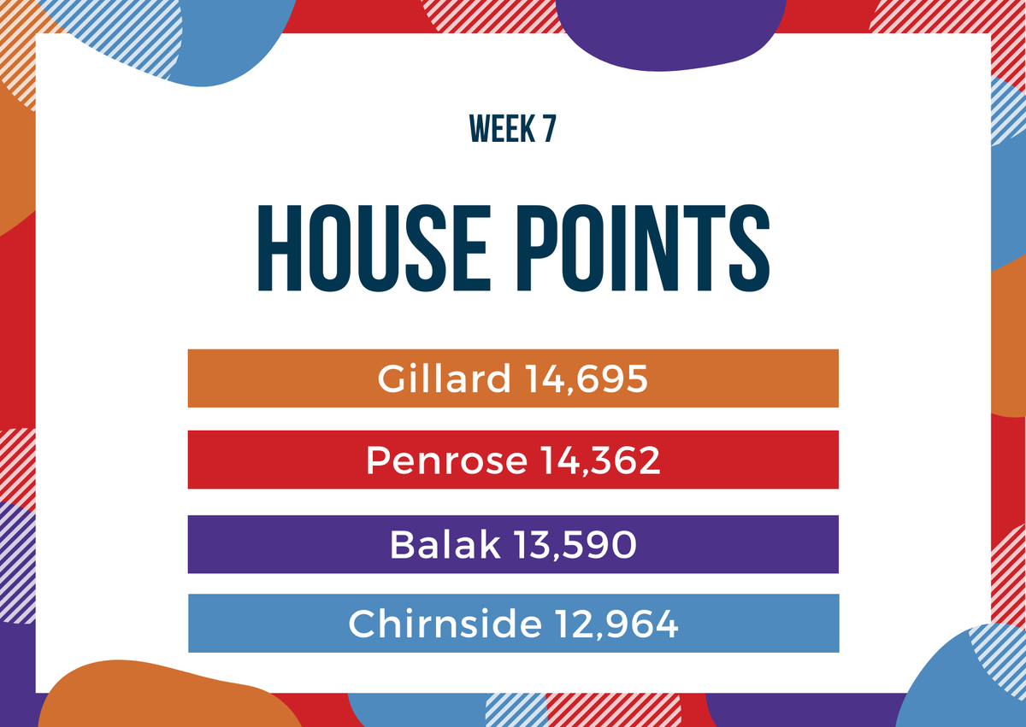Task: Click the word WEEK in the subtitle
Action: click(502, 128)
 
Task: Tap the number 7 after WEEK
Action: click(550, 128)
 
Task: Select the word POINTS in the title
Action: click(644, 248)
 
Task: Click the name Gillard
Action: click(444, 378)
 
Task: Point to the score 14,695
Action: click(587, 378)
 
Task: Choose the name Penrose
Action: click(446, 460)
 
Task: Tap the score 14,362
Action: click(601, 460)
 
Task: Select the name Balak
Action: click(445, 544)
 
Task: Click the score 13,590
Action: click(575, 545)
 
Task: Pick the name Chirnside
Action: click(445, 623)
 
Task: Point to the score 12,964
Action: click(616, 624)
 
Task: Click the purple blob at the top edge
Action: click(669, 32)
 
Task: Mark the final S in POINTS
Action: click(749, 248)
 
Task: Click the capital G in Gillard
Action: click(392, 378)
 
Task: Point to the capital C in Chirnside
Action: click(363, 623)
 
